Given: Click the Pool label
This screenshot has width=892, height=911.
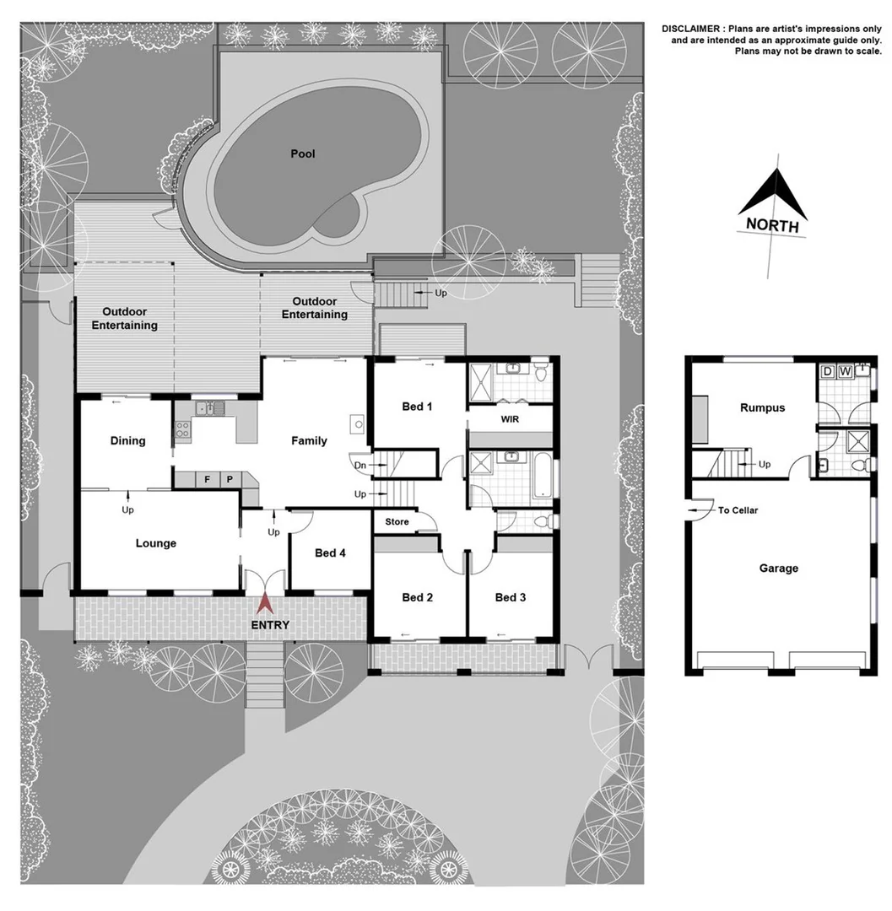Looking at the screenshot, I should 302,154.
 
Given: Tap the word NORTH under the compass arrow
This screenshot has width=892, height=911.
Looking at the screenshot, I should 771,225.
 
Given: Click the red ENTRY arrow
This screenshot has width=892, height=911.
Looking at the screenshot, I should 266,604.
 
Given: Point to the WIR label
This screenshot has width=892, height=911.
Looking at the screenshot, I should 509,419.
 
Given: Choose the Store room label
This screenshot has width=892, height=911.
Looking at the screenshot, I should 397,522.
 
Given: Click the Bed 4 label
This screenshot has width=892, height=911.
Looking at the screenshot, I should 330,553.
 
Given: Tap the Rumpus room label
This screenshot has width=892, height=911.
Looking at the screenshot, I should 762,407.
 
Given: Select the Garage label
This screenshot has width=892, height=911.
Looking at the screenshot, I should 777,569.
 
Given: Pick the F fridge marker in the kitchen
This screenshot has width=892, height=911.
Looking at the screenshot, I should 206,479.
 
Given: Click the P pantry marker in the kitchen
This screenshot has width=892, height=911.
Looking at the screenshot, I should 229,479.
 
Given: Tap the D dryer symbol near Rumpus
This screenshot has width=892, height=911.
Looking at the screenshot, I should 827,371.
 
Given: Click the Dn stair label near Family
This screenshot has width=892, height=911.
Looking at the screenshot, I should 359,464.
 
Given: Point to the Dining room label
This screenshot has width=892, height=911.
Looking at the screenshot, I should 127,440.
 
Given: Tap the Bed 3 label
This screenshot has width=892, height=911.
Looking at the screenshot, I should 510,597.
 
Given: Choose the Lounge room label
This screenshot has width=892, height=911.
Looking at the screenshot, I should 156,543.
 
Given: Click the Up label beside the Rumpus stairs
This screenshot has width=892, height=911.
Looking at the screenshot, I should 765,464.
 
